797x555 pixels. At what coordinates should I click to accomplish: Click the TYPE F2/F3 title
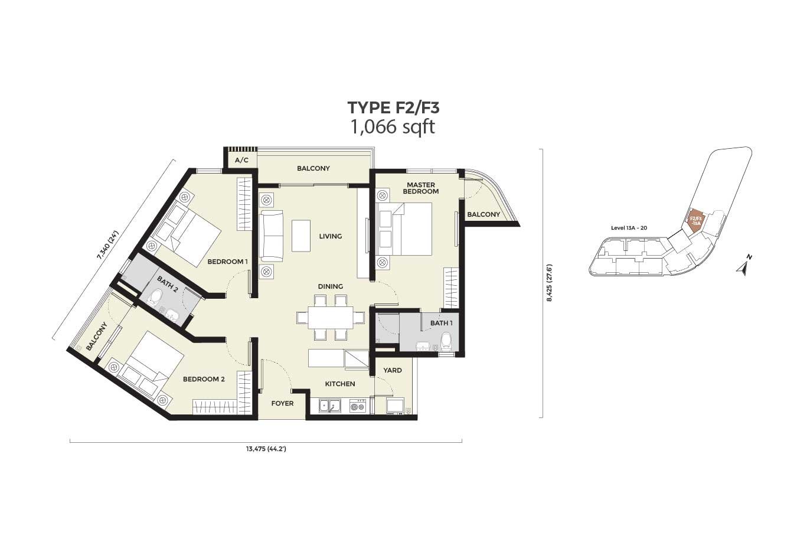tap(393, 108)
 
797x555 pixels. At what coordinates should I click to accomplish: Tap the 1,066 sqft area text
tap(393, 127)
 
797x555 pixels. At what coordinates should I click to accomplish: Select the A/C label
tap(241, 161)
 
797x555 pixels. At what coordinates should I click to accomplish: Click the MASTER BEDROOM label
tap(421, 188)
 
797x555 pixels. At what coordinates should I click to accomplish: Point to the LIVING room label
tap(330, 236)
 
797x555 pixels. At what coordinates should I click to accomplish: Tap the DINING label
tap(331, 286)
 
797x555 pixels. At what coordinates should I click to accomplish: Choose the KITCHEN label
tap(340, 384)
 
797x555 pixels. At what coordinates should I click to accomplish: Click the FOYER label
tap(283, 403)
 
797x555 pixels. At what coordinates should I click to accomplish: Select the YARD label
tap(393, 370)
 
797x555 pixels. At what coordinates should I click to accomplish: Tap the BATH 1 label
tap(442, 323)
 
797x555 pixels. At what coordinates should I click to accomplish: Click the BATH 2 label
tap(167, 285)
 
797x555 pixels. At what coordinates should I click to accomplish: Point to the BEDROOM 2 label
tap(204, 379)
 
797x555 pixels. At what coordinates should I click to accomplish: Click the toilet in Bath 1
tap(446, 341)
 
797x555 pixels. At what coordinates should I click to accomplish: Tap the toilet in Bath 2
tap(156, 297)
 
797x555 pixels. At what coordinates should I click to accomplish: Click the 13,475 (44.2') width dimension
tap(266, 449)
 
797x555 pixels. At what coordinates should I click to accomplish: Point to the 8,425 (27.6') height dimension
tap(550, 283)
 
